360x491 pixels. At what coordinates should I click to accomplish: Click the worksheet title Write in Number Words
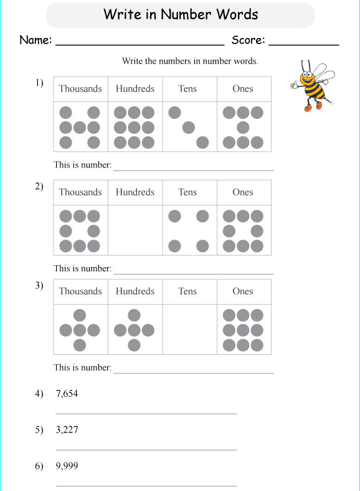pos(181,14)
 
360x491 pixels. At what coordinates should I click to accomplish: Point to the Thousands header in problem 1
pos(80,89)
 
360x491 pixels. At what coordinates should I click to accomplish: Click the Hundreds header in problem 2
pos(135,192)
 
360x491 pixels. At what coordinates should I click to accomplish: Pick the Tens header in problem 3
pos(187,291)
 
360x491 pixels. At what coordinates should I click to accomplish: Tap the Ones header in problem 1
pos(243,89)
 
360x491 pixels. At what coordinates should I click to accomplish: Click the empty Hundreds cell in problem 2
pos(135,230)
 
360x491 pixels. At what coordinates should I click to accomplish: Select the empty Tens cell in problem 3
pos(189,330)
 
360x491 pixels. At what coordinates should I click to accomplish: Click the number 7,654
pos(67,393)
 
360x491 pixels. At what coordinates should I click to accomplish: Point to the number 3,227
pos(67,429)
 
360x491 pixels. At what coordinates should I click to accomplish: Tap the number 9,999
pos(67,466)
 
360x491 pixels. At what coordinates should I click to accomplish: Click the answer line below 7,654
pos(146,413)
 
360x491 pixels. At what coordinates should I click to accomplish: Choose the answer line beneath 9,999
pos(146,485)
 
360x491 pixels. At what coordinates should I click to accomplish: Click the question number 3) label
pos(39,286)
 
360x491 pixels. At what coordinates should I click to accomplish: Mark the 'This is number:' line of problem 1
pos(193,169)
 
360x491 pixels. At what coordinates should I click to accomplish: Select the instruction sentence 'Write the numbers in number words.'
pos(190,61)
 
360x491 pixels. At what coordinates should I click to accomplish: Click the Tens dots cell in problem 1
pos(189,127)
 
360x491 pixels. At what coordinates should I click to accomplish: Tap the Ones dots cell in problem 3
pos(244,330)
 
